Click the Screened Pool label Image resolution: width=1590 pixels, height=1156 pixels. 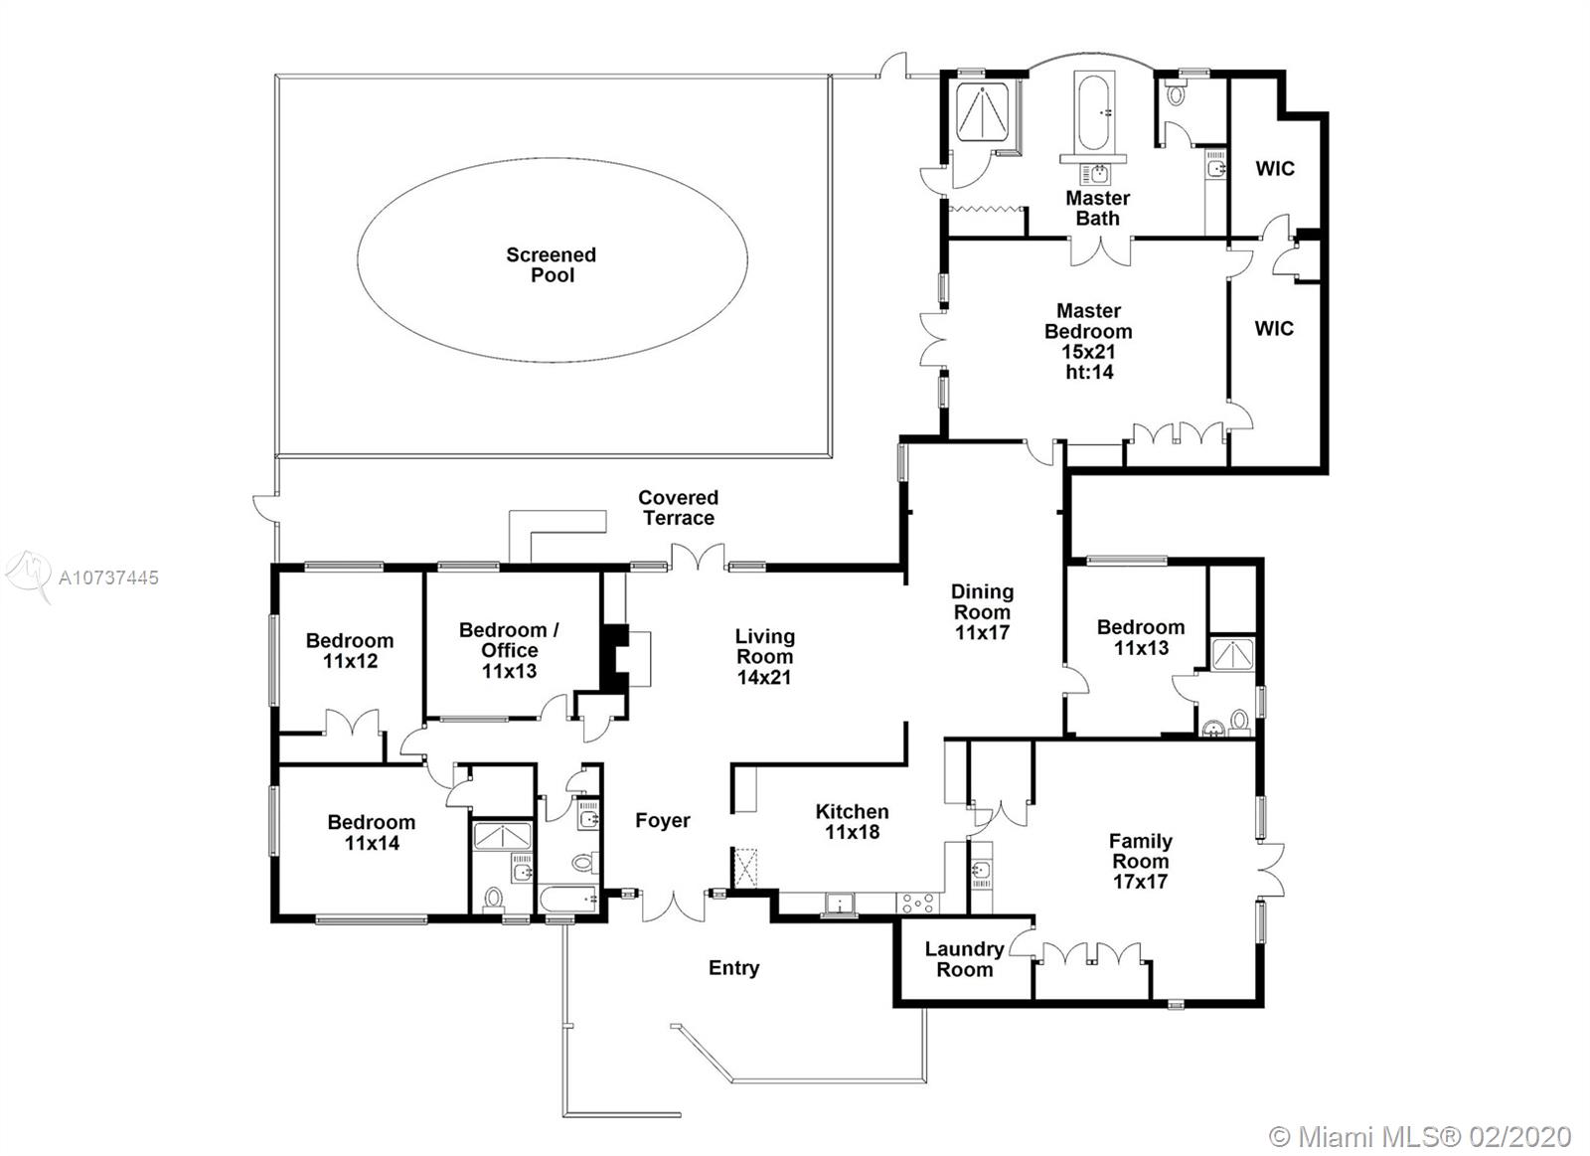click(x=551, y=264)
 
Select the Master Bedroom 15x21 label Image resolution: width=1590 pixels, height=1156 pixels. click(x=1088, y=342)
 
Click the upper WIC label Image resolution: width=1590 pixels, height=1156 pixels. click(x=1275, y=169)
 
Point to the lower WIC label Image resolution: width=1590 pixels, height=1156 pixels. click(x=1274, y=329)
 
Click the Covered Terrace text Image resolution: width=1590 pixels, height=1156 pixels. click(x=678, y=508)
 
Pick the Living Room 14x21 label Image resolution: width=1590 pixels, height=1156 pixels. click(x=764, y=657)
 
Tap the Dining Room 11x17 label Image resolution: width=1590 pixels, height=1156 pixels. click(x=983, y=612)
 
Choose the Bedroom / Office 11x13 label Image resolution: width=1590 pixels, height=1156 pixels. click(x=509, y=650)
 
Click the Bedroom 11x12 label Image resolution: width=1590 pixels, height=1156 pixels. click(x=350, y=650)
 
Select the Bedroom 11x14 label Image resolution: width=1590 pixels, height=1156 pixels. click(x=372, y=832)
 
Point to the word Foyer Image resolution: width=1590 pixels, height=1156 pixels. click(x=662, y=820)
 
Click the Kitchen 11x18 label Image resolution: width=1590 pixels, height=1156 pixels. click(x=852, y=822)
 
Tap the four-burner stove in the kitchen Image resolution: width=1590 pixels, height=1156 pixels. click(x=919, y=904)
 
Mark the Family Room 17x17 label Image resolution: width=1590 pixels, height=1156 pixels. click(x=1140, y=862)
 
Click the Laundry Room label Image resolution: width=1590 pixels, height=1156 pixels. click(x=965, y=959)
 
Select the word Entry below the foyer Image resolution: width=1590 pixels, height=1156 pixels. click(x=734, y=968)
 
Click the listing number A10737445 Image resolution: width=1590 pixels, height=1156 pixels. click(x=108, y=578)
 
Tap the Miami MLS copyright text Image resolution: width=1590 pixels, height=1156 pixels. click(x=1420, y=1117)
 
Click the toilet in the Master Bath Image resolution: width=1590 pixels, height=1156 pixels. click(x=1174, y=94)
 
